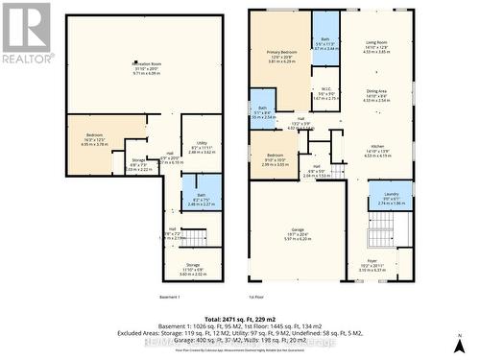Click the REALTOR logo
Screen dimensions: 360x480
(x=26, y=31)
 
